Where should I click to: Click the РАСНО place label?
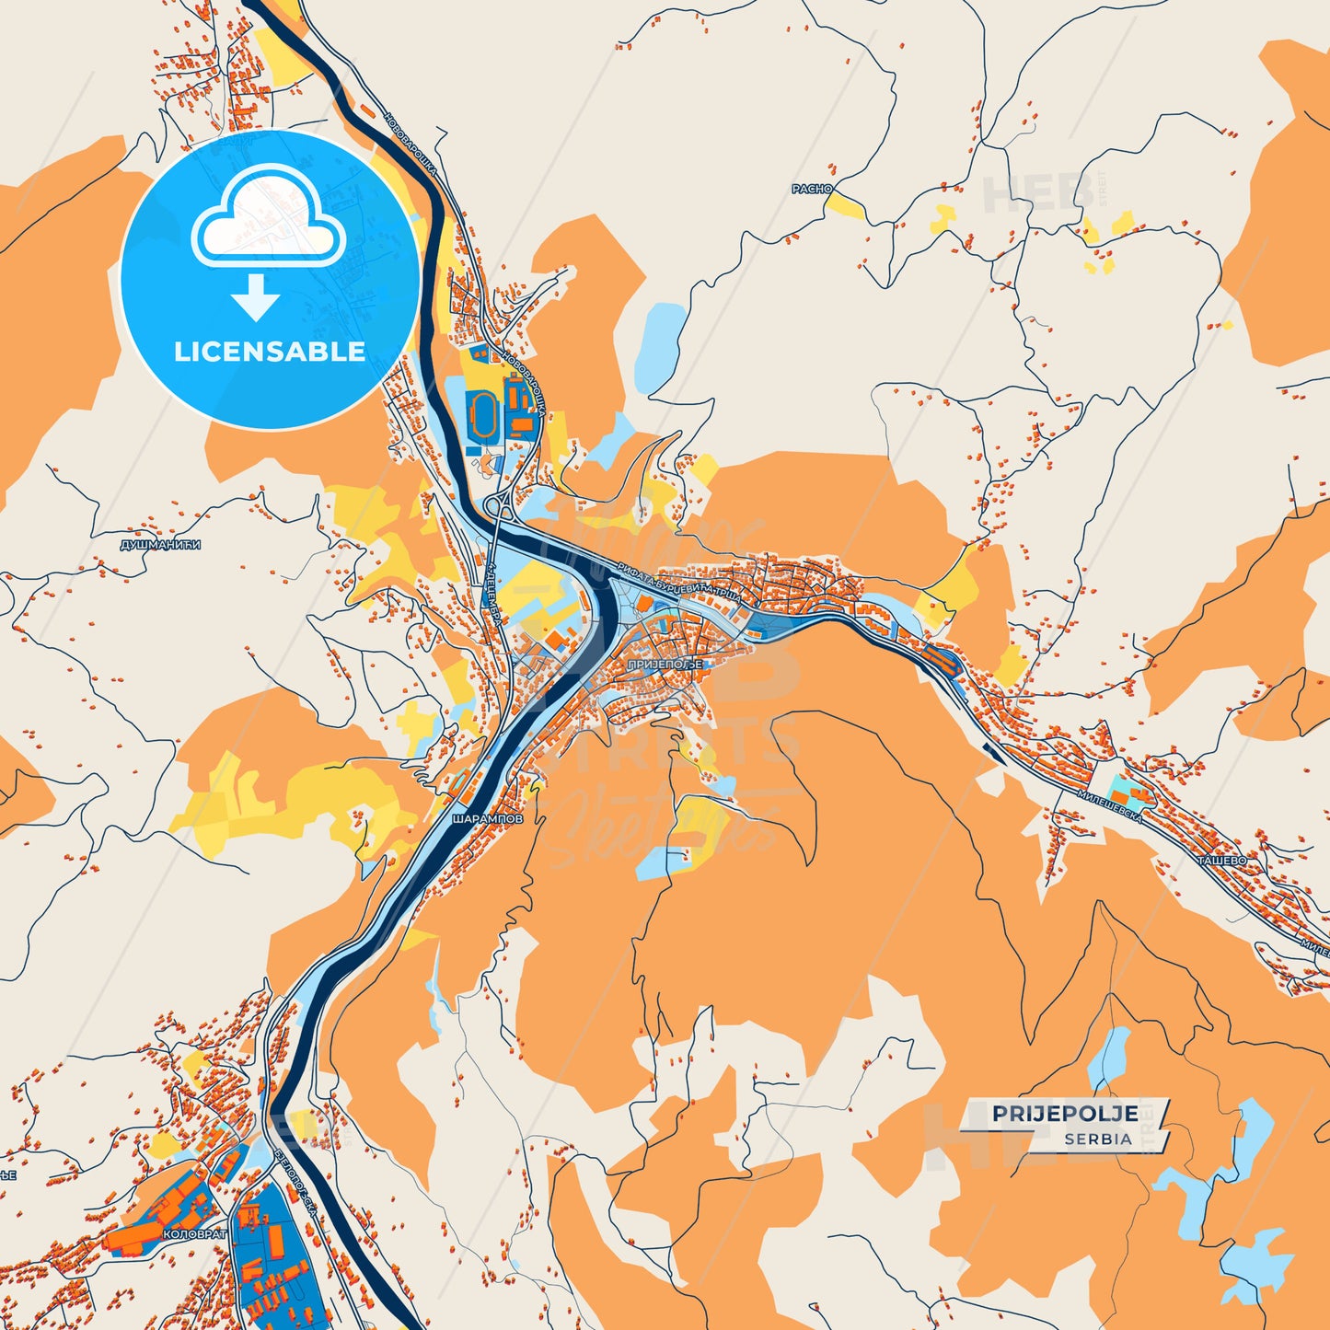coord(811,189)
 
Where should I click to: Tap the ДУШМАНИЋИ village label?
coord(160,545)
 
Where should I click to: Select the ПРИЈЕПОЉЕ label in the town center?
coord(665,664)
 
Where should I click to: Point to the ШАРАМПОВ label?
coord(487,817)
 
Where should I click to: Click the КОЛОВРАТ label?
coord(193,1233)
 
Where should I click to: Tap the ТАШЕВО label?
coord(1221,861)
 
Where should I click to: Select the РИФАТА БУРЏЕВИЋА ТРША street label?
coord(679,583)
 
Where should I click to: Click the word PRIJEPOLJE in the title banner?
coord(1064,1114)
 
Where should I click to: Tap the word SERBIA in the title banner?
coord(1097,1139)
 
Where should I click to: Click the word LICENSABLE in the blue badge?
coord(270,351)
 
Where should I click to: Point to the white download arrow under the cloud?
coord(256,295)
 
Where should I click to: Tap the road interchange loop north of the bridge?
coord(503,505)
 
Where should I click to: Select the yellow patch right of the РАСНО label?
coord(845,206)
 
